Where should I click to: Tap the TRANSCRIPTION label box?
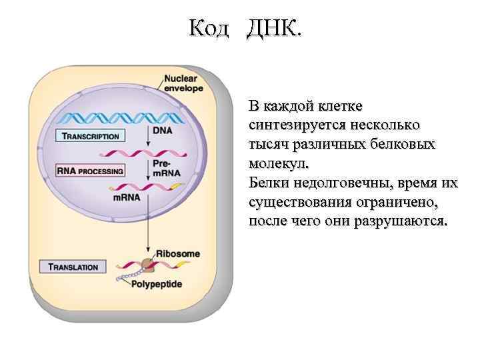point(90,136)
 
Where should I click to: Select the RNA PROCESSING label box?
point(90,171)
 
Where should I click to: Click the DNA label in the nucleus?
point(162,131)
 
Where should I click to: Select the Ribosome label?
point(177,254)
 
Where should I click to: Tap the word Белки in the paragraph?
point(267,182)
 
